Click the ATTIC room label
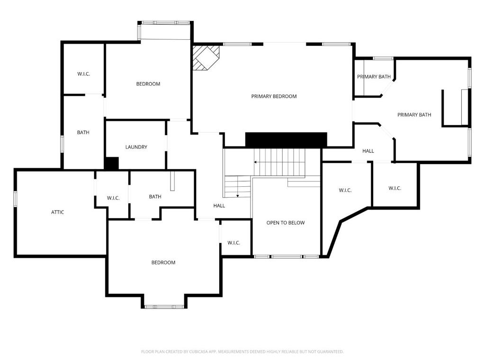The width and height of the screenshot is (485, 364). tap(57, 212)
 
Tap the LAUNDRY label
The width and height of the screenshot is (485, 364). tap(136, 147)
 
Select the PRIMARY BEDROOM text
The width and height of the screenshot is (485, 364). tap(274, 97)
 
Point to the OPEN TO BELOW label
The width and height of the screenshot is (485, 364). tap(285, 223)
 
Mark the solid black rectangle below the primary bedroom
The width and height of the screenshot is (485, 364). tap(286, 140)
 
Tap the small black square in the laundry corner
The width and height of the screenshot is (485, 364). tap(111, 164)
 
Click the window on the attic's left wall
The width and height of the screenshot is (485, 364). tap(15, 199)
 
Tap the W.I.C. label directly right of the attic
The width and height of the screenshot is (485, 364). tap(113, 198)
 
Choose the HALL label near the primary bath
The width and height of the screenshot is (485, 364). tap(368, 151)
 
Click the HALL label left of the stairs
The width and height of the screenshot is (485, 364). tap(219, 206)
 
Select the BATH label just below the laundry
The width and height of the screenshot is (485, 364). tap(155, 197)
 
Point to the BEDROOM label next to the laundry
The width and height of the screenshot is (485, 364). tap(148, 84)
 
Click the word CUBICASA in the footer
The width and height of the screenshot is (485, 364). tap(187, 352)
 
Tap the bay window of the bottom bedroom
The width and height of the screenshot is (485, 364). tap(164, 307)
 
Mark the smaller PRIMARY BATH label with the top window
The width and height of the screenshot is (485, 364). tap(374, 77)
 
